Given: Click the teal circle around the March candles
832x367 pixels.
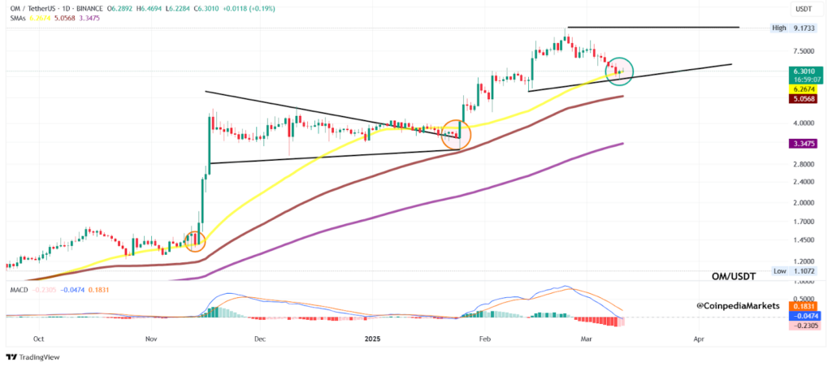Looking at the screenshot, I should pyautogui.click(x=620, y=70).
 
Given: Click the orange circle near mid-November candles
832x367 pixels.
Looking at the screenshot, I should pyautogui.click(x=195, y=240).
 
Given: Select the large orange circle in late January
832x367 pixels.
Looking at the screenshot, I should pyautogui.click(x=456, y=135).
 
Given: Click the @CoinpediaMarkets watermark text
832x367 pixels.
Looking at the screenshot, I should pyautogui.click(x=738, y=305).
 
